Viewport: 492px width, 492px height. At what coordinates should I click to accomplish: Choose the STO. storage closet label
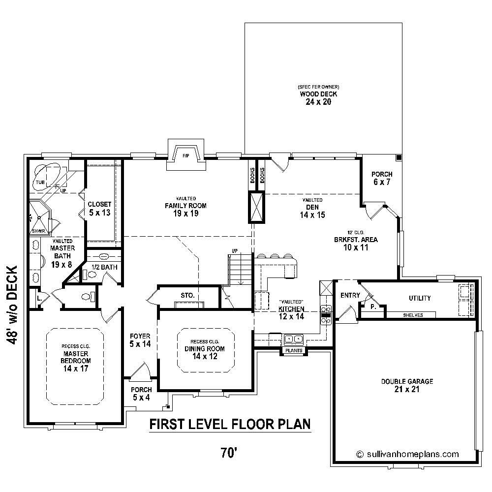(187, 296)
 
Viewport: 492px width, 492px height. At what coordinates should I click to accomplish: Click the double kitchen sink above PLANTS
(294, 339)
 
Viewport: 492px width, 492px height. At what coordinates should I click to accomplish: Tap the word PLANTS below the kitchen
(294, 351)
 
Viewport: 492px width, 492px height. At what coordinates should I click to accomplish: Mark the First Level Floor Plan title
(230, 424)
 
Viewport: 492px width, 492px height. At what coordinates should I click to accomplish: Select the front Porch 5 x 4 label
(140, 394)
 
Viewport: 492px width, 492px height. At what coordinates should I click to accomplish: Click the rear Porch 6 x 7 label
(381, 178)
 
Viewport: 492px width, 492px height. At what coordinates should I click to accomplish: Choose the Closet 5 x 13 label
(99, 209)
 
